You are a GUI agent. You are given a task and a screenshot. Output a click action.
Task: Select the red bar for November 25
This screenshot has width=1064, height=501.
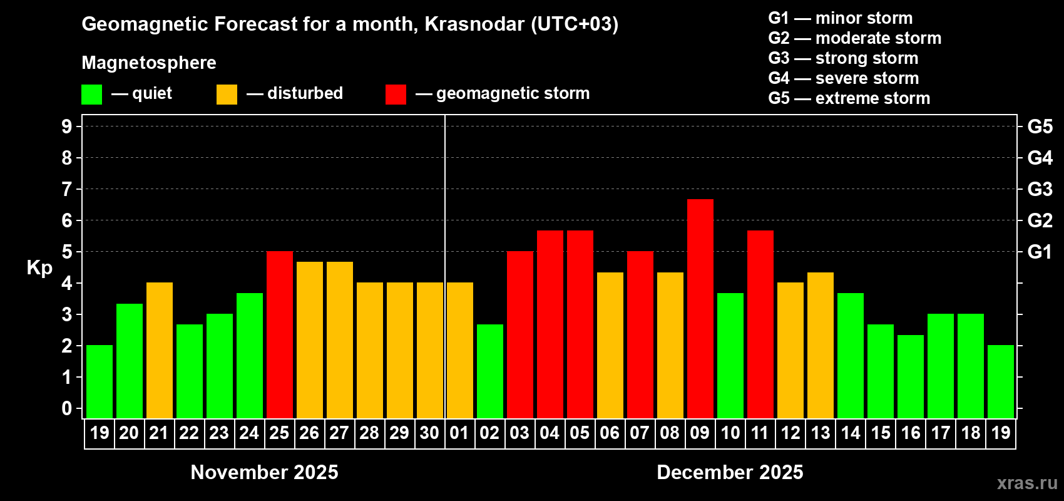click(279, 334)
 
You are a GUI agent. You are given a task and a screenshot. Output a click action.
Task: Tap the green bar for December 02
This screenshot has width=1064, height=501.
click(489, 371)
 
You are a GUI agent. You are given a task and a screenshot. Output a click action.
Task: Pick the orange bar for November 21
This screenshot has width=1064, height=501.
click(159, 350)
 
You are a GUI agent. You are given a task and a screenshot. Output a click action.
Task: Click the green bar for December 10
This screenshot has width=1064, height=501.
click(730, 355)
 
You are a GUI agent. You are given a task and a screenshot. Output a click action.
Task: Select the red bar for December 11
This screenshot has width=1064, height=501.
click(760, 324)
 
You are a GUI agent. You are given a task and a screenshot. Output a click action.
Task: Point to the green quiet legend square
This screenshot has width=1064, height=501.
click(91, 95)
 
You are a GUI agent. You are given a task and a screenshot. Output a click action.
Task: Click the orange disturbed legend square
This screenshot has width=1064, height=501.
click(227, 95)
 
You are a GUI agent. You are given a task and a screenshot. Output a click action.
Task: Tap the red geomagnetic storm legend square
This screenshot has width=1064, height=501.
click(396, 95)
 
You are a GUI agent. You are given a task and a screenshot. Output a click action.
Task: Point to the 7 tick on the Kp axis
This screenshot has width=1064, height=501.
click(67, 189)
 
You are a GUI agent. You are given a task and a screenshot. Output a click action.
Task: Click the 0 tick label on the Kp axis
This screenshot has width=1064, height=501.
click(67, 408)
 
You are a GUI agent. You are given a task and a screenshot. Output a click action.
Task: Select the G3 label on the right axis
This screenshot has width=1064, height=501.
click(1040, 189)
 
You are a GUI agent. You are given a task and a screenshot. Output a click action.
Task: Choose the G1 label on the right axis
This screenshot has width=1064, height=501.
click(1040, 252)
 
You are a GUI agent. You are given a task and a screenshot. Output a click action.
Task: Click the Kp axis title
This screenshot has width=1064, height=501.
click(39, 268)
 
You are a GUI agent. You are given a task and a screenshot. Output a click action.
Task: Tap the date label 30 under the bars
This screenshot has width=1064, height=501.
click(429, 433)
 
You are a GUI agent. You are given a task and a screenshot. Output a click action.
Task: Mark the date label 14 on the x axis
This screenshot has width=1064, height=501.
click(850, 433)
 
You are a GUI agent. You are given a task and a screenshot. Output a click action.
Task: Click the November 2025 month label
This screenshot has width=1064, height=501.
click(264, 472)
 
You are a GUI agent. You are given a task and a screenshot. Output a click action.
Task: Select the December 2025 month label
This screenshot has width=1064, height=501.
click(730, 472)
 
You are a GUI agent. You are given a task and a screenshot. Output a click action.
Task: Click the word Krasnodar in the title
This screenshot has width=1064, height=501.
click(474, 24)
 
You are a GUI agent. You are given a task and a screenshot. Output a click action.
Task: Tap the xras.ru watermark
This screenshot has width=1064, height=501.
click(1027, 483)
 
